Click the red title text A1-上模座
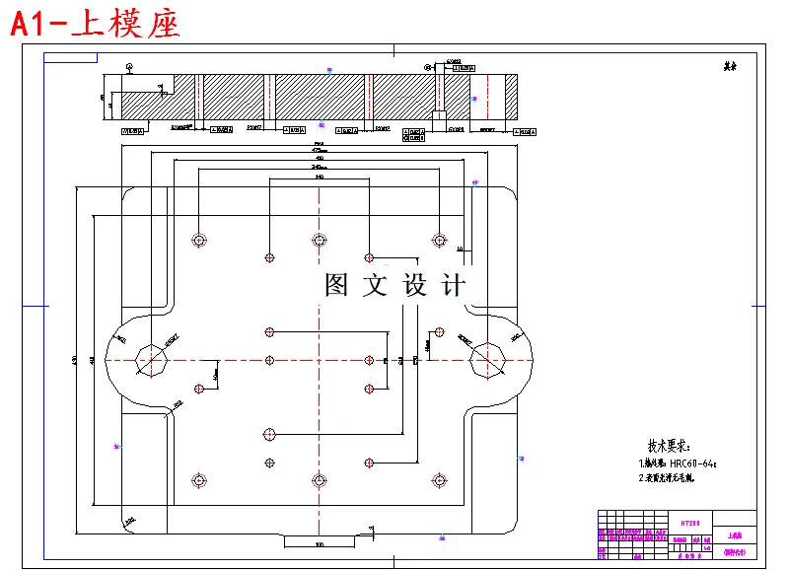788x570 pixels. (x=96, y=24)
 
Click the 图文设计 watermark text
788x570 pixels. (x=394, y=286)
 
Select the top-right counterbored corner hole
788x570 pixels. (x=439, y=240)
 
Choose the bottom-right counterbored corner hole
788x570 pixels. (x=439, y=480)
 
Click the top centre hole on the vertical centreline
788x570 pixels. (x=319, y=240)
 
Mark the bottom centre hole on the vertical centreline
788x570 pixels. (x=319, y=480)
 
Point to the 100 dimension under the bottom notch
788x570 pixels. (x=319, y=544)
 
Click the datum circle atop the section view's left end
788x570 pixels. (x=130, y=66)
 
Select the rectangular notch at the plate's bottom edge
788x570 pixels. (x=319, y=538)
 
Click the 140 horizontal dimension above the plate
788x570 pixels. (x=319, y=177)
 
